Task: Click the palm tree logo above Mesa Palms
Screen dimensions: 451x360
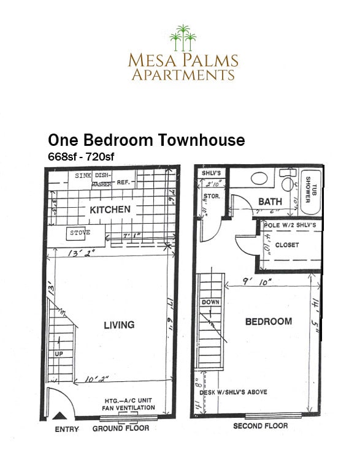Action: click(x=182, y=38)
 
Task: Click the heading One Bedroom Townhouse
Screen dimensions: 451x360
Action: click(x=146, y=140)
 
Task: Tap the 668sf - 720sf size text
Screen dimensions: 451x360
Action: click(x=81, y=156)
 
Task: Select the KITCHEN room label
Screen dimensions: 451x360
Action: click(x=110, y=210)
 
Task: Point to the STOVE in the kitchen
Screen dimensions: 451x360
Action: click(x=79, y=233)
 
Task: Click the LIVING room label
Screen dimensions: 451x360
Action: click(x=119, y=325)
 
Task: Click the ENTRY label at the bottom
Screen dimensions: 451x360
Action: click(x=67, y=429)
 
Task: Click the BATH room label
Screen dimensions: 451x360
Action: click(x=270, y=202)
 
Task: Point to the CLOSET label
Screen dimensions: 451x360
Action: click(x=287, y=245)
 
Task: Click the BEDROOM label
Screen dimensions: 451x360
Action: click(x=269, y=322)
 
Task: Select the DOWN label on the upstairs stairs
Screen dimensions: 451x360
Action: click(x=210, y=302)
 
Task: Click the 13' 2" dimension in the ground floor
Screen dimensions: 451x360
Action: click(x=77, y=252)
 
